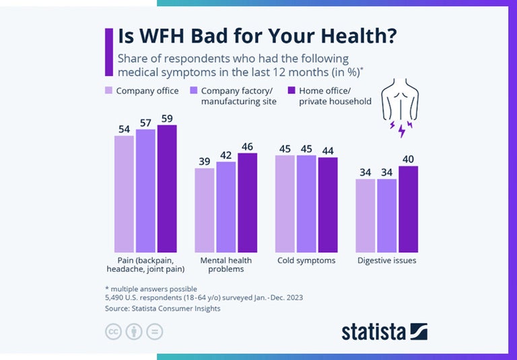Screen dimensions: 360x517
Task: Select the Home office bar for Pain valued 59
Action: (x=166, y=188)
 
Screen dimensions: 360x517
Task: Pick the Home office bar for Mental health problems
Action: (x=247, y=202)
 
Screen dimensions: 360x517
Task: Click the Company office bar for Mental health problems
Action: (x=205, y=209)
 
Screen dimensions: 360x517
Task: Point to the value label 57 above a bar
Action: (x=145, y=122)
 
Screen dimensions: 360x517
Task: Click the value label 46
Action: (x=247, y=146)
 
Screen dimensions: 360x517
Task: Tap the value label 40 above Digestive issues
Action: (x=408, y=159)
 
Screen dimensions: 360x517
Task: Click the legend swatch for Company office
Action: (x=108, y=90)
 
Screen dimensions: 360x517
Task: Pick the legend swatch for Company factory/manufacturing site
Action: (x=193, y=90)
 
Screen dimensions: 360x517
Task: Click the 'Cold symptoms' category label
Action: (x=306, y=260)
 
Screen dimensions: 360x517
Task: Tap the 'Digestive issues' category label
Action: (x=386, y=260)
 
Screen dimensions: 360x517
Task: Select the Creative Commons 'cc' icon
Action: (x=113, y=332)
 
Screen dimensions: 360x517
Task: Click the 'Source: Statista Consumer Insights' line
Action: (x=162, y=309)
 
